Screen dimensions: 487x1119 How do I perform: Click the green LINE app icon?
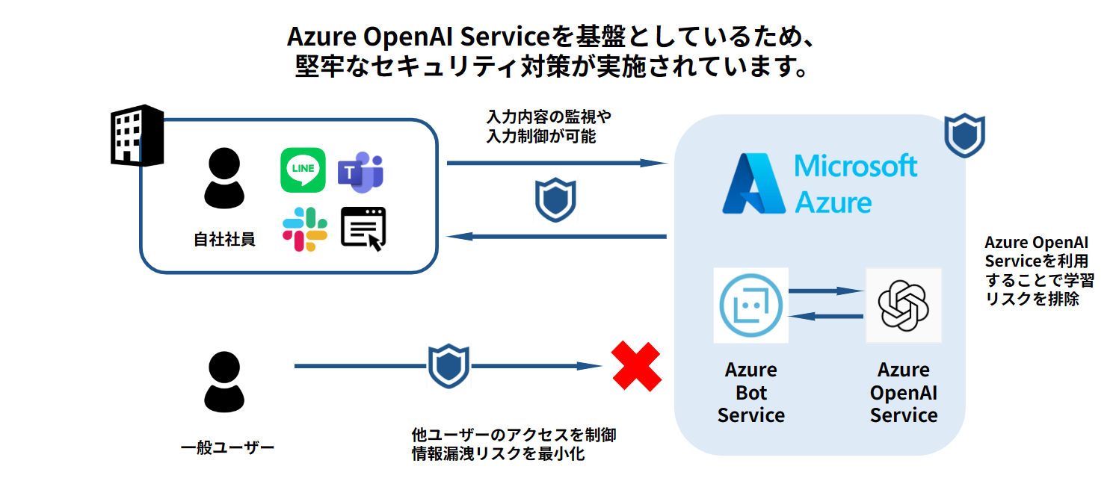(x=303, y=169)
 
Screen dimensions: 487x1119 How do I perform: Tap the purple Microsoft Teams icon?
(x=361, y=170)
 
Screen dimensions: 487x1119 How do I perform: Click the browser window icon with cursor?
(x=363, y=228)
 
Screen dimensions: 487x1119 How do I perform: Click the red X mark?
(x=637, y=366)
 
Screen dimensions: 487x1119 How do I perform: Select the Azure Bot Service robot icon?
(x=750, y=305)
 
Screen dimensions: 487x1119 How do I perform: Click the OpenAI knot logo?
(x=903, y=305)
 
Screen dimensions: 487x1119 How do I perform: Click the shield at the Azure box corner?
(x=964, y=135)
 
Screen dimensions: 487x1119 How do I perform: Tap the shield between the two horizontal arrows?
(x=555, y=200)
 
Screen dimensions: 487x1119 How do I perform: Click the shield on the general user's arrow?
(x=448, y=366)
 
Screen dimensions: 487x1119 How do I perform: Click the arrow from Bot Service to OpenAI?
(x=826, y=291)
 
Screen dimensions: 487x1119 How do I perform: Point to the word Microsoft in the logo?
(x=856, y=165)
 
